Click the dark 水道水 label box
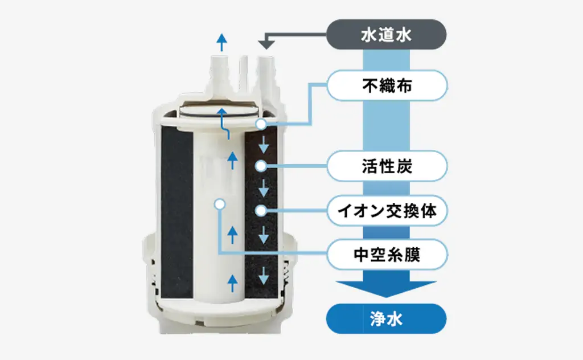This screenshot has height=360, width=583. tap(387, 35)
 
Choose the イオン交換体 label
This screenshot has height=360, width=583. tap(387, 211)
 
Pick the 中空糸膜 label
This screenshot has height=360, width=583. tap(387, 254)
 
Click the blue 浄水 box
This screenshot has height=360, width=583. tap(387, 318)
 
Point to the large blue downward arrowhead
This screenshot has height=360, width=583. tap(387, 289)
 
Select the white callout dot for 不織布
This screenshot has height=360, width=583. tap(260, 124)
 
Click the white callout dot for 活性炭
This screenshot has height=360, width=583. tap(260, 166)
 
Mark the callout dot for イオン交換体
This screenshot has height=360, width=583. tap(260, 211)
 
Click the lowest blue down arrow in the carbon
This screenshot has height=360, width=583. tap(264, 277)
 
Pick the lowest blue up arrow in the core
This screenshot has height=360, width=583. tap(232, 279)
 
